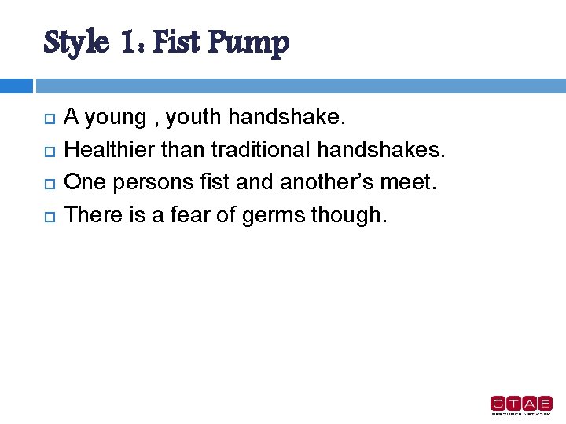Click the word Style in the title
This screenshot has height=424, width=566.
coord(75,42)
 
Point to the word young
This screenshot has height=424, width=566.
coord(115,119)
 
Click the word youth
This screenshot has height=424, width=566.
coord(195,119)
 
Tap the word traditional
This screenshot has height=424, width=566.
coord(263,150)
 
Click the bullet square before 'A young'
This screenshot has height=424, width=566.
coord(48,119)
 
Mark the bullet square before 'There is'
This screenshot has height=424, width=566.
coord(48,215)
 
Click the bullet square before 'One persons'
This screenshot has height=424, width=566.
coord(48,183)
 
